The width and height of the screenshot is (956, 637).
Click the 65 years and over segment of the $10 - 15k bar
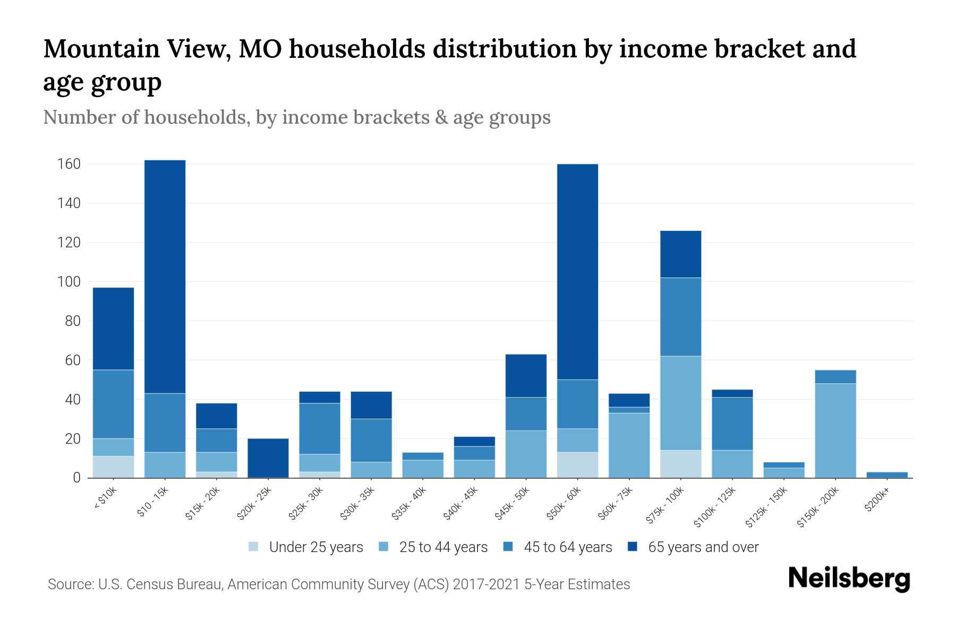point(165,276)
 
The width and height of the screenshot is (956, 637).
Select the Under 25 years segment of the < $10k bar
point(113,467)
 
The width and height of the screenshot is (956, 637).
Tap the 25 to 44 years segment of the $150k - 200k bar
point(835,430)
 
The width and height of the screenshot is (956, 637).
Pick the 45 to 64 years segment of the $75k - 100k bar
point(680,316)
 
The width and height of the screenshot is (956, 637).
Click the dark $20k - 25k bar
point(268,458)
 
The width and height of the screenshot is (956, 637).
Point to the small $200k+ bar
point(887,475)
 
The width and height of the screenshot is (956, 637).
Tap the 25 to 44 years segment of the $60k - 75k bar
point(629,445)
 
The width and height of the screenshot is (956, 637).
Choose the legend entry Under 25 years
point(315,547)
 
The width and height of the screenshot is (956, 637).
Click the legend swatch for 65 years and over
point(633,547)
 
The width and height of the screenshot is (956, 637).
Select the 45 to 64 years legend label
point(568,547)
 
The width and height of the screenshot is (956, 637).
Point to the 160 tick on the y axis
point(69,164)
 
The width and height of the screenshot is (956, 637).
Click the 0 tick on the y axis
point(76,478)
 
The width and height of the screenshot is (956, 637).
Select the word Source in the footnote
point(69,584)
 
